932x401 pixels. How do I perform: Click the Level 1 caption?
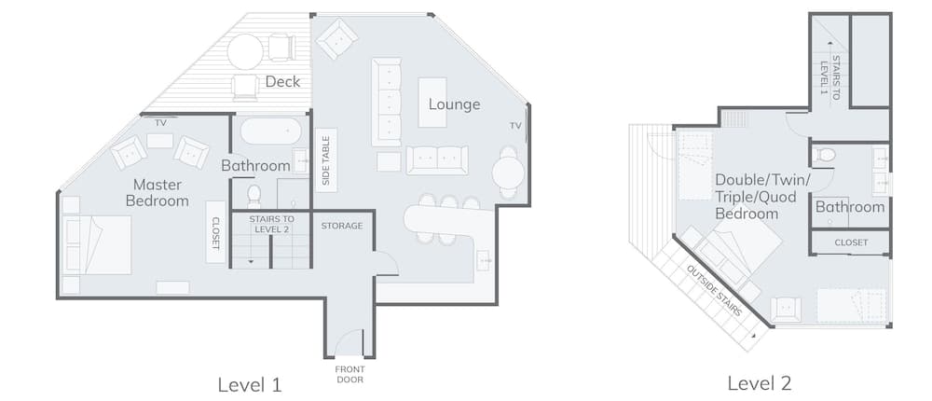tap(249, 383)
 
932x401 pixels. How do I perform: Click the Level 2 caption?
tap(760, 383)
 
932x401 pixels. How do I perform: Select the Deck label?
tap(282, 81)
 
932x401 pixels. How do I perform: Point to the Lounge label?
tap(454, 104)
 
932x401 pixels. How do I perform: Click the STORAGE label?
tap(342, 226)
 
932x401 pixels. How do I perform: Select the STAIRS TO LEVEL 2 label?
tap(271, 224)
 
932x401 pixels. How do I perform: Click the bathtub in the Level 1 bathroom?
tap(265, 131)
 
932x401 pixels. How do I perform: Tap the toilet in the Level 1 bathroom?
tap(254, 195)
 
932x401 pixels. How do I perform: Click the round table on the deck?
tap(245, 51)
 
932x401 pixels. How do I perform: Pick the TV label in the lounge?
tap(515, 125)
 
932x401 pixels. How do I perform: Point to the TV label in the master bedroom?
tap(160, 122)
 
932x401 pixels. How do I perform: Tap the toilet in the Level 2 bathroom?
tap(825, 154)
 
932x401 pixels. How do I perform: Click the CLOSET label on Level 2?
tap(851, 242)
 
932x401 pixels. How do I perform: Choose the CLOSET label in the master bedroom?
tap(215, 231)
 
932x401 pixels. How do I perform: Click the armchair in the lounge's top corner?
tap(336, 38)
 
